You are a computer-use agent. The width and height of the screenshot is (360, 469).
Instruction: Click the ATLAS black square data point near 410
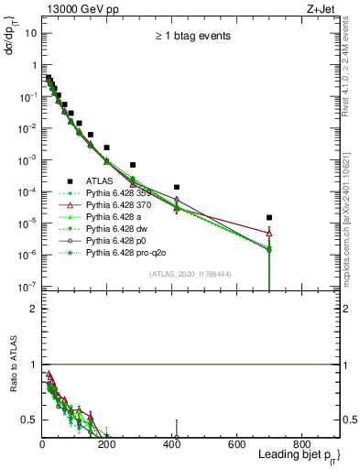[x=176, y=187]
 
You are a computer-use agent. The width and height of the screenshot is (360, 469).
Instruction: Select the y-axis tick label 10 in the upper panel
[x=30, y=32]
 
